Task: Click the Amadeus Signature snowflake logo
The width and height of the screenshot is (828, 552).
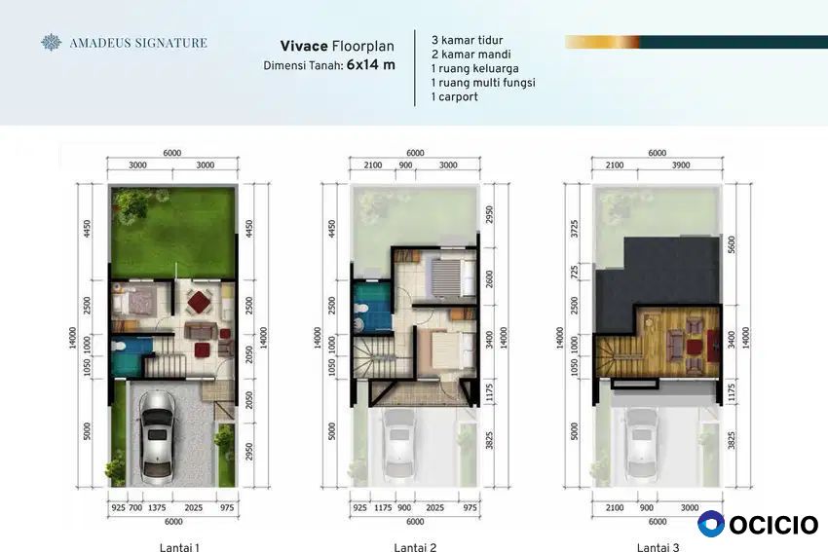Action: (52, 42)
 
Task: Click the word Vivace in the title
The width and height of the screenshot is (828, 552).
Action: (304, 47)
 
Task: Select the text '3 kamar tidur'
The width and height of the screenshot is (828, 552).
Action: (467, 40)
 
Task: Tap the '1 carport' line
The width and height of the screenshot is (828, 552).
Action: (454, 97)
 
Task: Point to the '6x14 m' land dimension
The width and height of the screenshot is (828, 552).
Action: (371, 65)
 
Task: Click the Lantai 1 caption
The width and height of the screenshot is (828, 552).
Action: (179, 547)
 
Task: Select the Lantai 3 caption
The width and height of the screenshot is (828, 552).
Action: (658, 547)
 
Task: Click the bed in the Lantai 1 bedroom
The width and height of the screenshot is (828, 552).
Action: (133, 302)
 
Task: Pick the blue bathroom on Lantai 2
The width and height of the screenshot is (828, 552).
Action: (372, 307)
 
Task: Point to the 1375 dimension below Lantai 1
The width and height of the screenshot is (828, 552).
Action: (157, 507)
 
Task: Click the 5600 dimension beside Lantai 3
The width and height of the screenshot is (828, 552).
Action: (732, 245)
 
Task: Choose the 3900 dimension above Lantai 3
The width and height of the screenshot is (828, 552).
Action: (681, 166)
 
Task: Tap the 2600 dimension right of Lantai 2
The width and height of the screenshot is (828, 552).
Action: (489, 279)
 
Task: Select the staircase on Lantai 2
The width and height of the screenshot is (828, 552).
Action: (373, 357)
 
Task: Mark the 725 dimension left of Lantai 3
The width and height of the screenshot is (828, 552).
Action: (575, 272)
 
